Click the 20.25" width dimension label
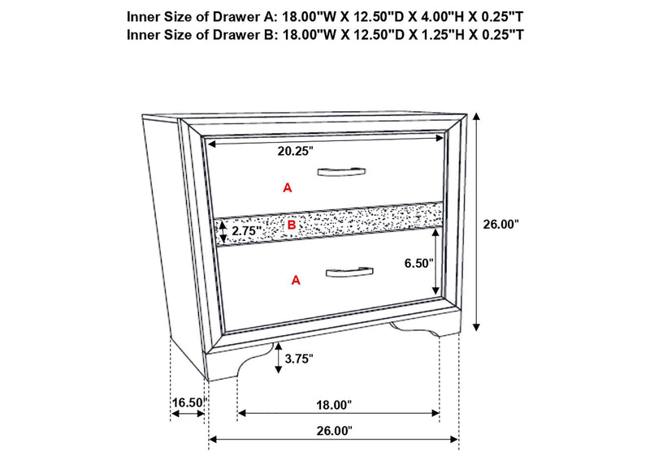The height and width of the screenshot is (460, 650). click(295, 152)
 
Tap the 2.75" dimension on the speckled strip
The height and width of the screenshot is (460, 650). click(246, 230)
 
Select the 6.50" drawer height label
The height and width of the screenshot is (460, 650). click(418, 263)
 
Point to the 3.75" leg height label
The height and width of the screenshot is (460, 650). click(298, 359)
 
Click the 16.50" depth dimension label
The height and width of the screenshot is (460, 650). click(189, 402)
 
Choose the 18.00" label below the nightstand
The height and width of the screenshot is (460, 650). click(334, 405)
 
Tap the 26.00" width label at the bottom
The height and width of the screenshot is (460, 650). click(334, 431)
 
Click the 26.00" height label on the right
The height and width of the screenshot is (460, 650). click(500, 225)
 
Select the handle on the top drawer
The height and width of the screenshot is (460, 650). click(341, 171)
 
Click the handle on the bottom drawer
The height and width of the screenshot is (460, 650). click(349, 272)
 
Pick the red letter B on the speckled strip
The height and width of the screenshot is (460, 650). click(292, 226)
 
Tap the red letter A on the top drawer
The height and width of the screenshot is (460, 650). click(288, 188)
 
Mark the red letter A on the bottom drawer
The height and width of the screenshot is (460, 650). click(296, 281)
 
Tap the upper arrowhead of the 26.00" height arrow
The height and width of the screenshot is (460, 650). click(477, 117)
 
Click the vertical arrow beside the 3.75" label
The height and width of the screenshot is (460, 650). click(278, 358)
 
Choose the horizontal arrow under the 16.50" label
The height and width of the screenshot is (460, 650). click(188, 414)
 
